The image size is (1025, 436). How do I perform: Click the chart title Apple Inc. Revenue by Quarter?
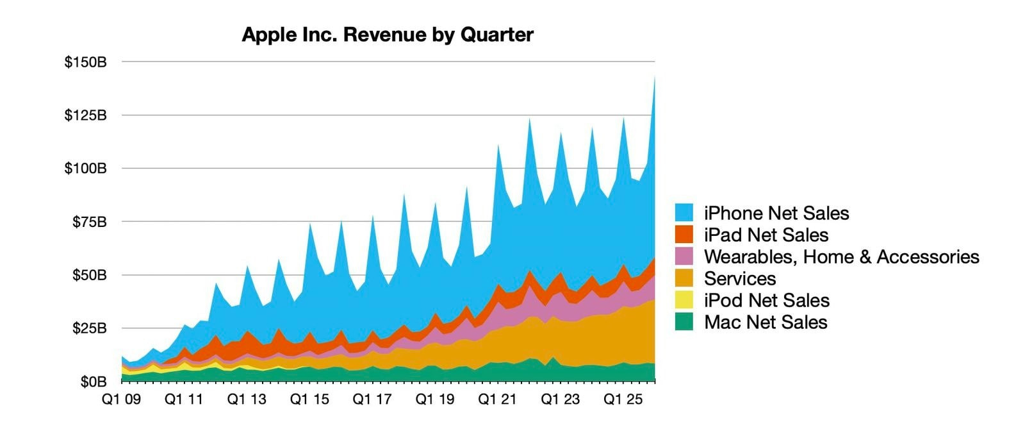[x=387, y=35]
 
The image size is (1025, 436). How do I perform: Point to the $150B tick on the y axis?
[x=85, y=62]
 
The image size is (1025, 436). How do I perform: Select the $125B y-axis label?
[x=85, y=115]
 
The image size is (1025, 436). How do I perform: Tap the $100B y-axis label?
[x=85, y=169]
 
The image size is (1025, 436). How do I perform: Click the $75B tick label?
[x=89, y=222]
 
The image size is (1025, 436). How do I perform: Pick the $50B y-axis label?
[x=89, y=275]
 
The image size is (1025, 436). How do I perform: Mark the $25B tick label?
[x=89, y=328]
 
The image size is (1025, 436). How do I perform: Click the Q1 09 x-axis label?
[x=121, y=399]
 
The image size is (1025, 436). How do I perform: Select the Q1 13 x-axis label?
[x=247, y=399]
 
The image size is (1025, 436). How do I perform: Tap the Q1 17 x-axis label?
[x=372, y=399]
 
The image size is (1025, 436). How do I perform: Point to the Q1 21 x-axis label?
[x=498, y=399]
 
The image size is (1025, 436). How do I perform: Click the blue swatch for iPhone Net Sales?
[x=684, y=213]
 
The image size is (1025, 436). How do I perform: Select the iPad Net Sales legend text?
[x=766, y=235]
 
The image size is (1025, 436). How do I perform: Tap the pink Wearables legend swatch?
[x=684, y=256]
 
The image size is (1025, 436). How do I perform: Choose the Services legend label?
[x=740, y=278]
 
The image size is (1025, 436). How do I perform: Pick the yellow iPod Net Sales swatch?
[x=684, y=300]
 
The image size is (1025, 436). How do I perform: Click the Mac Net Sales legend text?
[x=766, y=322]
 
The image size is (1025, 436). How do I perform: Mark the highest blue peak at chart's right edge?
[x=654, y=79]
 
